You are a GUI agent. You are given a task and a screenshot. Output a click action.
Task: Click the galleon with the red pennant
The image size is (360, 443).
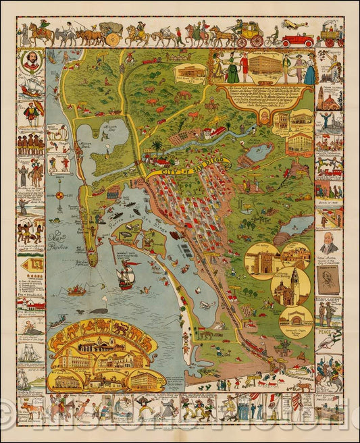(126, 275)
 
